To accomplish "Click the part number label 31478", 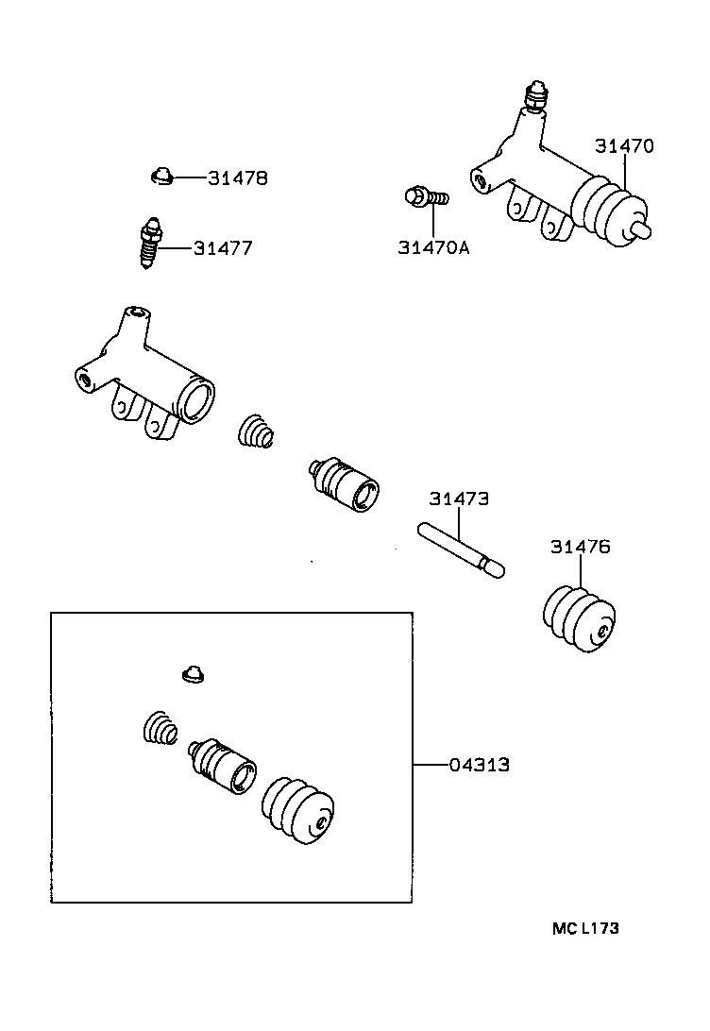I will tap(238, 177).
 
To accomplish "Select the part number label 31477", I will tap(223, 248).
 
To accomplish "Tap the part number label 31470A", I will tap(433, 248).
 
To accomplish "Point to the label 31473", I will tap(460, 499).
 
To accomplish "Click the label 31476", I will tap(581, 547).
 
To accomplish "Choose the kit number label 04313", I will tap(479, 765).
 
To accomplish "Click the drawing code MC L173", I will tap(585, 928).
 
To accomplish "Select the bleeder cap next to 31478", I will tap(161, 176).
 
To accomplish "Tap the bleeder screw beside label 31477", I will tap(149, 245).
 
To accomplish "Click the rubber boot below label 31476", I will tap(580, 619).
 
